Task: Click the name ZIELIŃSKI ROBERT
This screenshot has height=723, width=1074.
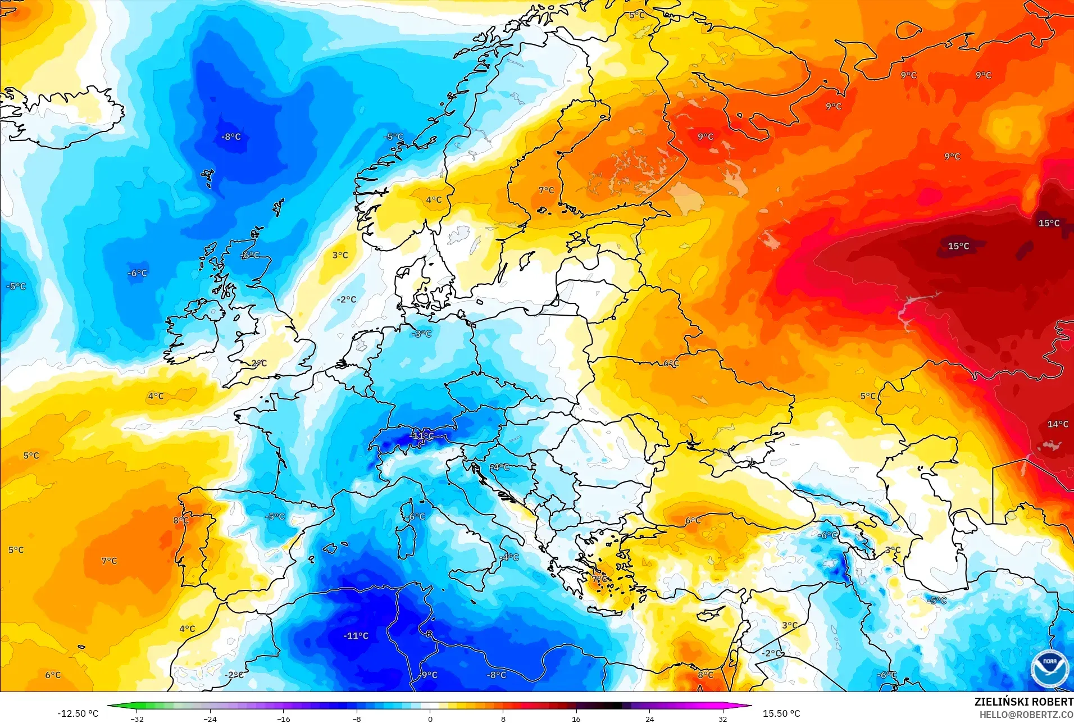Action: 1023,702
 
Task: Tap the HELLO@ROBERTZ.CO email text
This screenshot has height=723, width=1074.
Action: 1026,715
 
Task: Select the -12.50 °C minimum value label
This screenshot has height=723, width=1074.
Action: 78,713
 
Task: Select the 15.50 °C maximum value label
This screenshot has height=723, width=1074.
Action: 781,713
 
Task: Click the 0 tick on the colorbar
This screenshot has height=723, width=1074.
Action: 430,719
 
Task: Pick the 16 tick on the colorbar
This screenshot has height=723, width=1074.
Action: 576,719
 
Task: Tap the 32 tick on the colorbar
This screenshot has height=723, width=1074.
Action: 722,719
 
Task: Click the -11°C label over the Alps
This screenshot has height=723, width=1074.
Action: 422,435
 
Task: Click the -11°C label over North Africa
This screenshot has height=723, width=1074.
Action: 356,636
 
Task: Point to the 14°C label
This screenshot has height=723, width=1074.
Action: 1058,424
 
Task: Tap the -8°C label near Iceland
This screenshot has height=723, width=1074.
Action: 231,137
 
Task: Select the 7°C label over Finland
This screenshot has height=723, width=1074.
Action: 546,190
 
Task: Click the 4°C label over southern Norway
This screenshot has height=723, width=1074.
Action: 434,199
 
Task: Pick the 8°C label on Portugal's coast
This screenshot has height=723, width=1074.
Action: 180,520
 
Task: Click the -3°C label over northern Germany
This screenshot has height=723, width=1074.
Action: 421,334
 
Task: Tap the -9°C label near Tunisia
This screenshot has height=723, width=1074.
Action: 428,675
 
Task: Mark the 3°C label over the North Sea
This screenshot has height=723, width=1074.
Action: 340,255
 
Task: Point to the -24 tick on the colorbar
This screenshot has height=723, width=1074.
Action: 210,719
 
